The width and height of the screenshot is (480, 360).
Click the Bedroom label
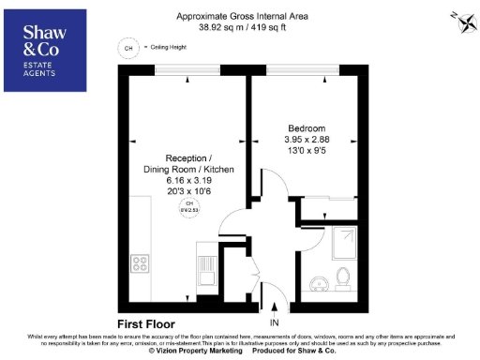click(306, 127)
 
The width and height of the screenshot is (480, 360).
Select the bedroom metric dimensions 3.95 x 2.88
click(306, 139)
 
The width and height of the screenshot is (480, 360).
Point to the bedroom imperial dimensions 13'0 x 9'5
click(306, 150)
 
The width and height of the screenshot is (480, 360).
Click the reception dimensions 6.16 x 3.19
click(188, 180)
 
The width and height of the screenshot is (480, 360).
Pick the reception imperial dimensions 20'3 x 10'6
click(188, 191)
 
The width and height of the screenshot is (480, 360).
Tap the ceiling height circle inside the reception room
click(188, 208)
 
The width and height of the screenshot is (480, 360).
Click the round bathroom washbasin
click(319, 282)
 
